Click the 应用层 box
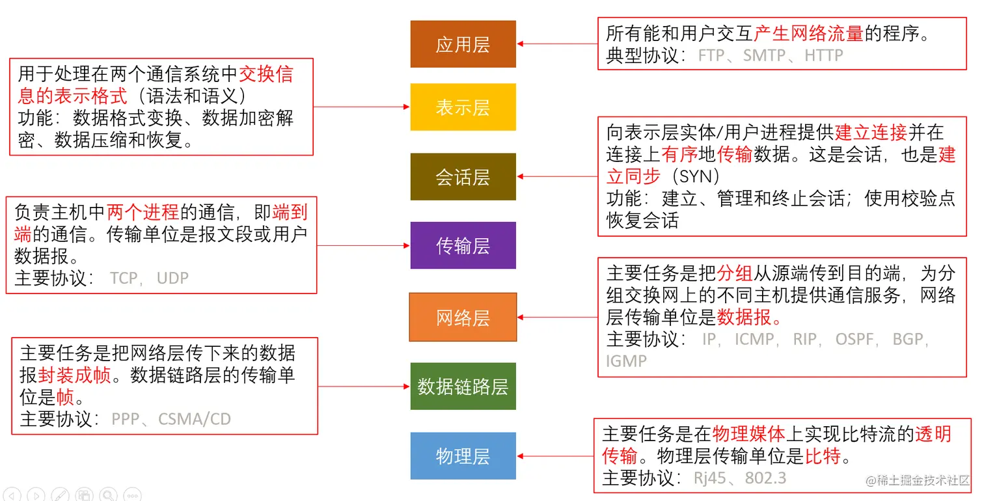coord(463,44)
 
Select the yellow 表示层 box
coord(463,107)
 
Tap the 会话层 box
coord(463,177)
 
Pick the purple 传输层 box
coord(463,245)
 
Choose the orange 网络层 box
coord(463,318)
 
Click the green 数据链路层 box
coord(463,386)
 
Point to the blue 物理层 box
coord(463,456)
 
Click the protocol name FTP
coord(711,55)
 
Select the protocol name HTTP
coord(824,55)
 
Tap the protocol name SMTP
coord(765,55)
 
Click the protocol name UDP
coord(172,278)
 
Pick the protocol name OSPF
coord(854,339)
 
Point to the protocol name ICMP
coord(754,339)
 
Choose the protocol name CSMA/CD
coord(195,419)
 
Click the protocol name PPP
coord(126,419)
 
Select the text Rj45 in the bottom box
coord(709,478)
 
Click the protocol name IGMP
coord(626,360)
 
